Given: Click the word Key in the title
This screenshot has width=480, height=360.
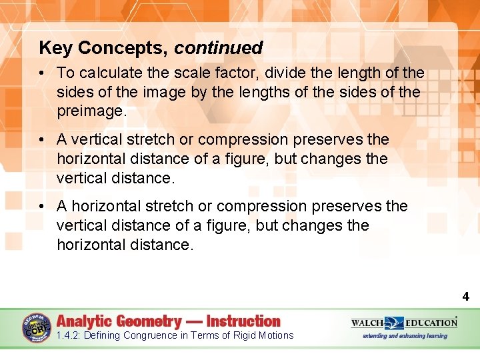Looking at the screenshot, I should click(56, 49).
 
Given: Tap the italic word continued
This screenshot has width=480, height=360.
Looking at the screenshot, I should click(219, 49).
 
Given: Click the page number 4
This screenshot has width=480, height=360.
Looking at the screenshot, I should click(465, 297).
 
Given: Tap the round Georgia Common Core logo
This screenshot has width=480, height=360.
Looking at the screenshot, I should click(36, 327).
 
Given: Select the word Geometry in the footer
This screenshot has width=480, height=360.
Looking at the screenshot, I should click(149, 321).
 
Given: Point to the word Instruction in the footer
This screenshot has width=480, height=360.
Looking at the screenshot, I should click(243, 321).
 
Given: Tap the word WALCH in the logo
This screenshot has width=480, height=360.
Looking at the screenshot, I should click(368, 323).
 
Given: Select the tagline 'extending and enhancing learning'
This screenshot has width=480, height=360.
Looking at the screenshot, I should click(404, 336).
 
